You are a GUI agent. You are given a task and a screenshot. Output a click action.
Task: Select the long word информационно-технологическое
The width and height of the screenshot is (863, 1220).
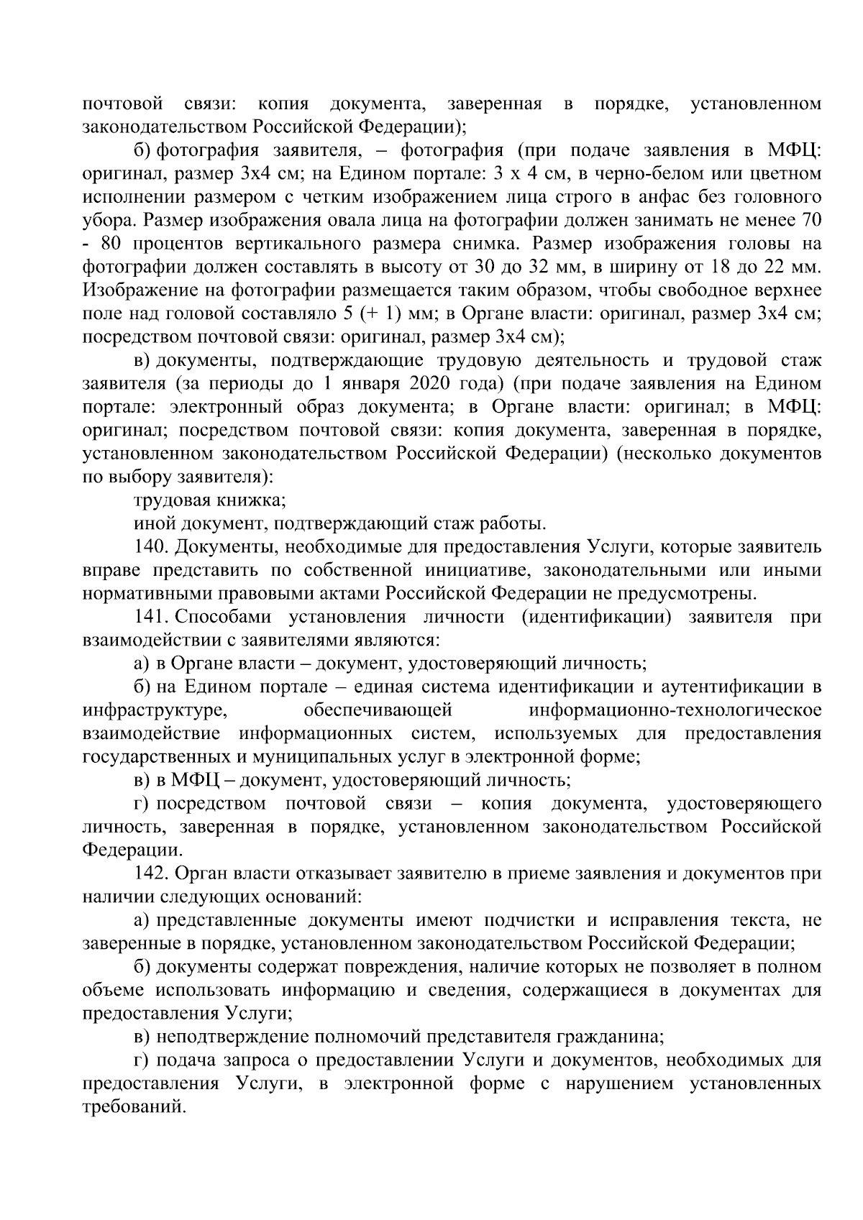pos(675,711)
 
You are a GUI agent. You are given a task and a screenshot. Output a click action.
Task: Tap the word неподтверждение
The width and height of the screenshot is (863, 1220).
pos(227,1037)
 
